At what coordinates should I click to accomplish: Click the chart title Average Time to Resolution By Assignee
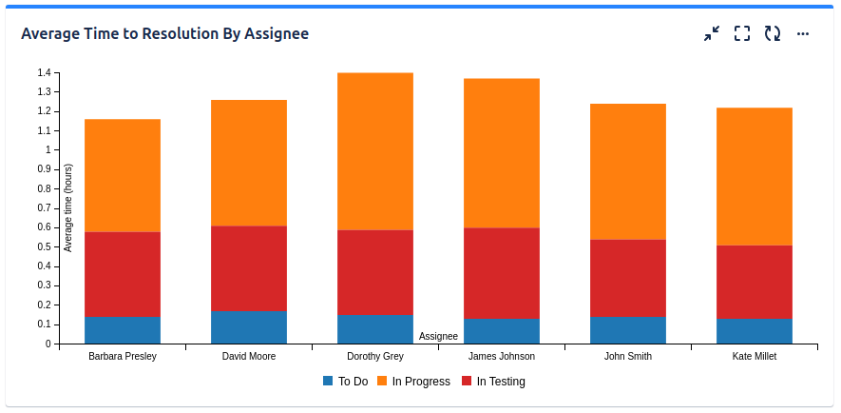tap(164, 34)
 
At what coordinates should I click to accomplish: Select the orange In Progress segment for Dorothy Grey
tap(375, 151)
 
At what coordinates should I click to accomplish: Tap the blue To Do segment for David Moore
tap(249, 327)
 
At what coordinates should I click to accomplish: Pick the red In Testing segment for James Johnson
tap(502, 273)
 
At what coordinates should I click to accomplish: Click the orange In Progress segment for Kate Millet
tap(755, 176)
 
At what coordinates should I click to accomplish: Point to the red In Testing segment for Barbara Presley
tap(123, 274)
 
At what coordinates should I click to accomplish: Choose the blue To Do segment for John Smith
tap(628, 330)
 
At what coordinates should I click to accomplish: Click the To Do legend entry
tap(345, 382)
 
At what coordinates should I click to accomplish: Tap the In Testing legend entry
tap(493, 382)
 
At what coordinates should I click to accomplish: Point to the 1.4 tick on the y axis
tap(44, 72)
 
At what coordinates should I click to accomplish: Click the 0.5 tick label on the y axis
tap(44, 246)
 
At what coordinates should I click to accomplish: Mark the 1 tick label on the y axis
tap(47, 149)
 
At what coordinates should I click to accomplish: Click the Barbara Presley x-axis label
tap(123, 357)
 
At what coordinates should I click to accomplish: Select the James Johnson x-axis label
tap(502, 357)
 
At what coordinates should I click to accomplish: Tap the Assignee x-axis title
tap(439, 336)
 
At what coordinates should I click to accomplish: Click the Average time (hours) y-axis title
tap(67, 207)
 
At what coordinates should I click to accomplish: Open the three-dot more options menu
tap(803, 34)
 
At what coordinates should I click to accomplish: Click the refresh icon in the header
tap(773, 34)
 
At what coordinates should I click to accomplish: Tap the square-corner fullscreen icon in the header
tap(742, 34)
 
